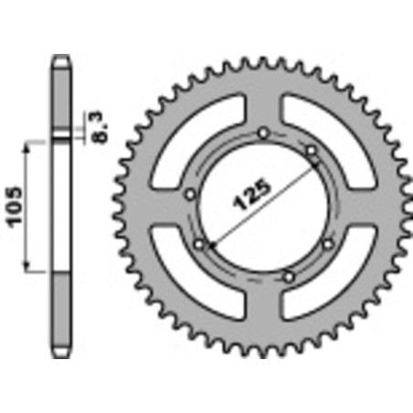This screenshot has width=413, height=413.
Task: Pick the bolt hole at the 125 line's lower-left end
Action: [x=199, y=244]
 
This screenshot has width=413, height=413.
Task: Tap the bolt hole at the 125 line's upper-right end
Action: [x=312, y=149]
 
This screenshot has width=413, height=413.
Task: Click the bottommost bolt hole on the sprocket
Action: [x=289, y=274]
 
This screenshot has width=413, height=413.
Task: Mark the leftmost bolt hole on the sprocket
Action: [x=189, y=193]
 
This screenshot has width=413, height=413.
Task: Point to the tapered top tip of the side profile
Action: [x=60, y=62]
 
